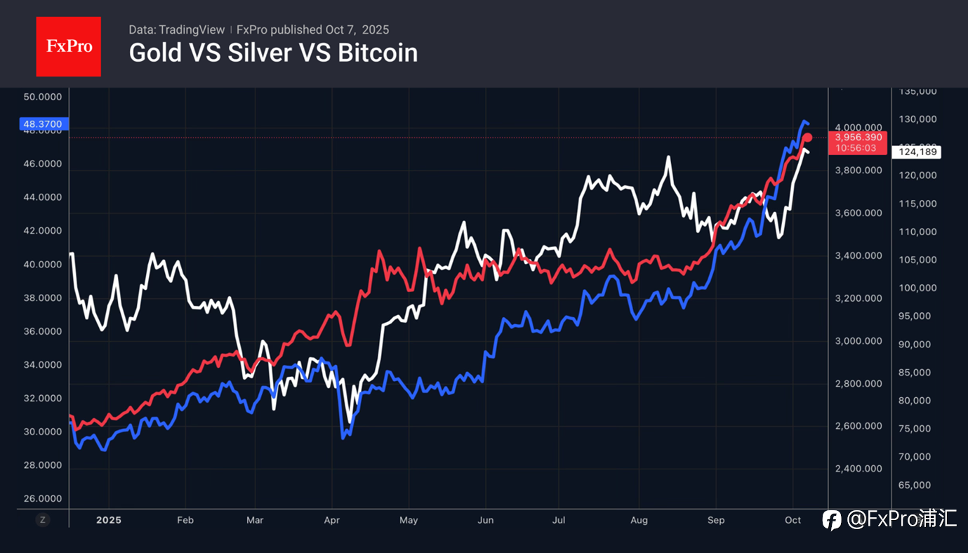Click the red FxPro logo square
(68, 46)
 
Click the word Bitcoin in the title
(378, 53)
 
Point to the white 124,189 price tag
(915, 152)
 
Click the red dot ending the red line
(807, 138)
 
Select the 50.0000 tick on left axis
(42, 97)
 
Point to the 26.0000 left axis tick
(42, 499)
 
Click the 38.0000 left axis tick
(42, 298)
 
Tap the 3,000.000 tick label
(858, 341)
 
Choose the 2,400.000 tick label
(858, 468)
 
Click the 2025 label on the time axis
(109, 520)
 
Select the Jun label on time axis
(485, 520)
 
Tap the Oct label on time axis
(793, 520)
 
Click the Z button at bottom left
(43, 520)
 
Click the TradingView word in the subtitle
(192, 29)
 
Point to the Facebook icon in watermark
(832, 520)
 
